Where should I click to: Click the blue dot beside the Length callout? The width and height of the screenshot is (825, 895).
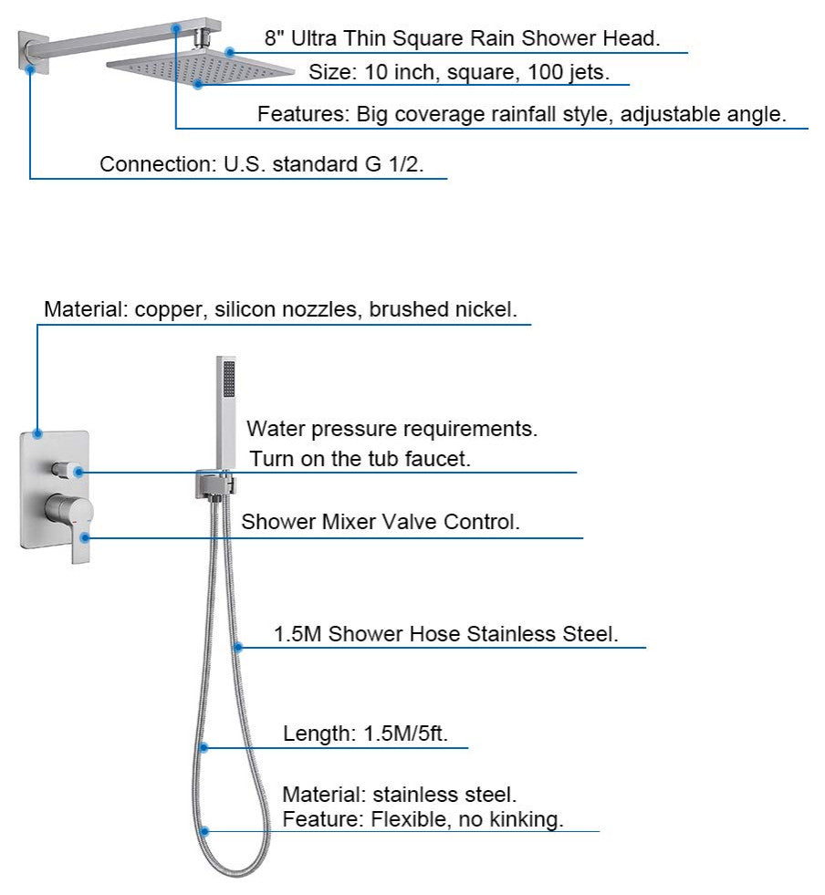click(204, 748)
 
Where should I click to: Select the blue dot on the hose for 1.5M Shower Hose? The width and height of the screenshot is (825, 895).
click(237, 648)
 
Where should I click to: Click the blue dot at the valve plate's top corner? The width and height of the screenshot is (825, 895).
click(37, 432)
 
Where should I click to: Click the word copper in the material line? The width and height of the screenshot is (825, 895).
click(171, 310)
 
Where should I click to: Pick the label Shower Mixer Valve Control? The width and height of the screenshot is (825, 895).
click(380, 523)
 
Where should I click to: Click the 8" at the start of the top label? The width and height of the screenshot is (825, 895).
click(275, 38)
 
